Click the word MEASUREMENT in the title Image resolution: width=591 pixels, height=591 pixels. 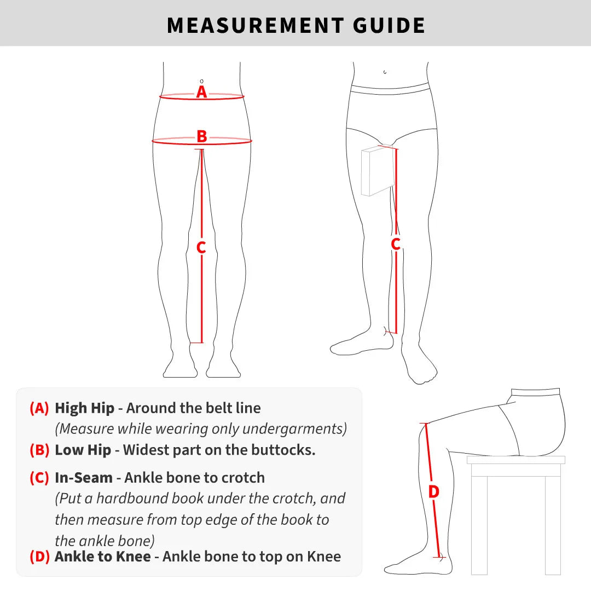(255, 25)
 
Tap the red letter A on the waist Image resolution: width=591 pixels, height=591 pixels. (202, 92)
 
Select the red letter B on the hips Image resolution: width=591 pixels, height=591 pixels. (202, 136)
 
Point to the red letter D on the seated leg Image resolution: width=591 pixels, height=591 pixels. (433, 492)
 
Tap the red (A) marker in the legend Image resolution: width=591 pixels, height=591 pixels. (39, 408)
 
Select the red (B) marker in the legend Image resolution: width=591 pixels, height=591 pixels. (39, 450)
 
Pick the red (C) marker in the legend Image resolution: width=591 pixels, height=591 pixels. (39, 478)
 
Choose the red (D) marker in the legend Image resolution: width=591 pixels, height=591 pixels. (39, 557)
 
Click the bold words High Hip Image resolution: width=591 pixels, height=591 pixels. (84, 408)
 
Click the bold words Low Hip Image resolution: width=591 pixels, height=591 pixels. (83, 450)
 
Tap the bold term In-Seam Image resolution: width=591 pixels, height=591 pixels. (84, 478)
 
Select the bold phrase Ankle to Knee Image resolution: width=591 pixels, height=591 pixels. (102, 557)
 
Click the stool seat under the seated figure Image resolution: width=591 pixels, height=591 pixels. (515, 460)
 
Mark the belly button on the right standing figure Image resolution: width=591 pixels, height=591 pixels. (385, 72)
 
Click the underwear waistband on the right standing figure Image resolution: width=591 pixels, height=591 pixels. (390, 88)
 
